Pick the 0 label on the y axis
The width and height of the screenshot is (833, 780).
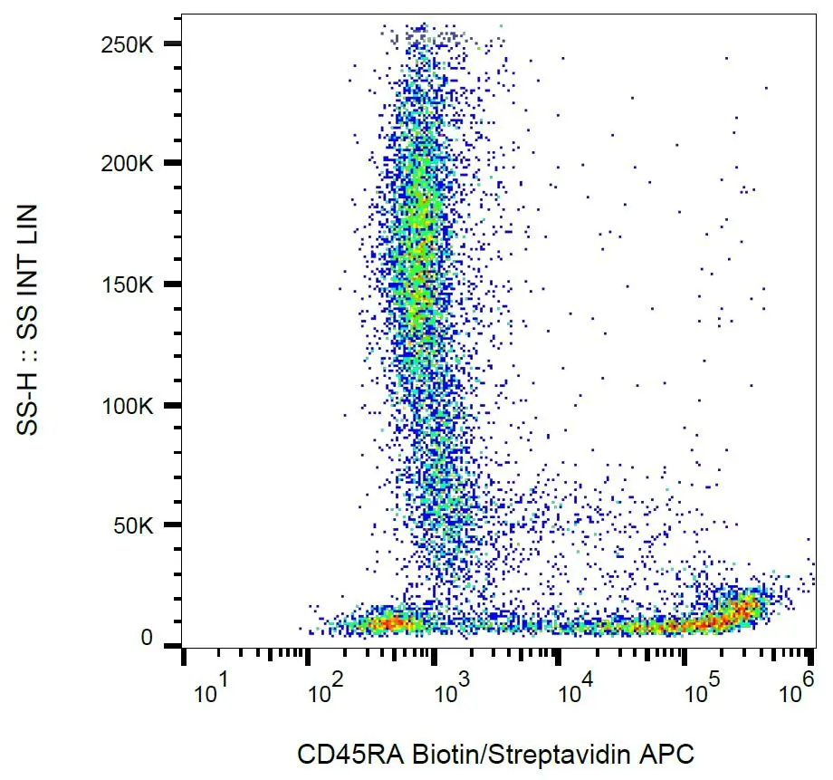(148, 640)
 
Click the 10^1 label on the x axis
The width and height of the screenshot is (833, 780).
(210, 694)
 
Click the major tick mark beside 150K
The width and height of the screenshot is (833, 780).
(172, 284)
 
